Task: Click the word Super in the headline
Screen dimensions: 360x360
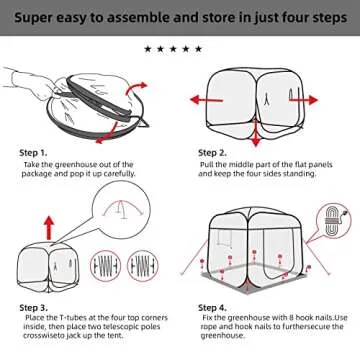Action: click(x=31, y=15)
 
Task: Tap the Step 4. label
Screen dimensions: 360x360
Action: click(x=214, y=306)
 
